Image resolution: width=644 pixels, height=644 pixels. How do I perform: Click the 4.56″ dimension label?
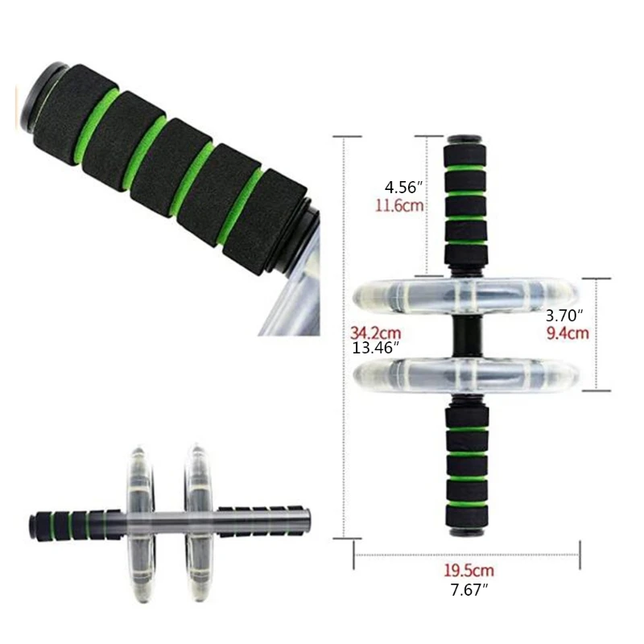(403, 188)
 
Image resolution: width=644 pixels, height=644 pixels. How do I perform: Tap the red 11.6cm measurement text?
(399, 205)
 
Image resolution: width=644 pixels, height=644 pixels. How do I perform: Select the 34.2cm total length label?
(375, 332)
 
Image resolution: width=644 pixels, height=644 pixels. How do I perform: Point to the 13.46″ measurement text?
(377, 348)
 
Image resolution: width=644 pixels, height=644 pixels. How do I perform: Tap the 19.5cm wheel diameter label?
(468, 572)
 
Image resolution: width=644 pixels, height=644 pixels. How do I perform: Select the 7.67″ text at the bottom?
(468, 590)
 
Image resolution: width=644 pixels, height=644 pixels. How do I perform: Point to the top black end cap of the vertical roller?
(466, 138)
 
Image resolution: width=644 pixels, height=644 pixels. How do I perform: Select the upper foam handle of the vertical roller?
(466, 205)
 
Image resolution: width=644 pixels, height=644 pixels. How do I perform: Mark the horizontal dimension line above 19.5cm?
(467, 554)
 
